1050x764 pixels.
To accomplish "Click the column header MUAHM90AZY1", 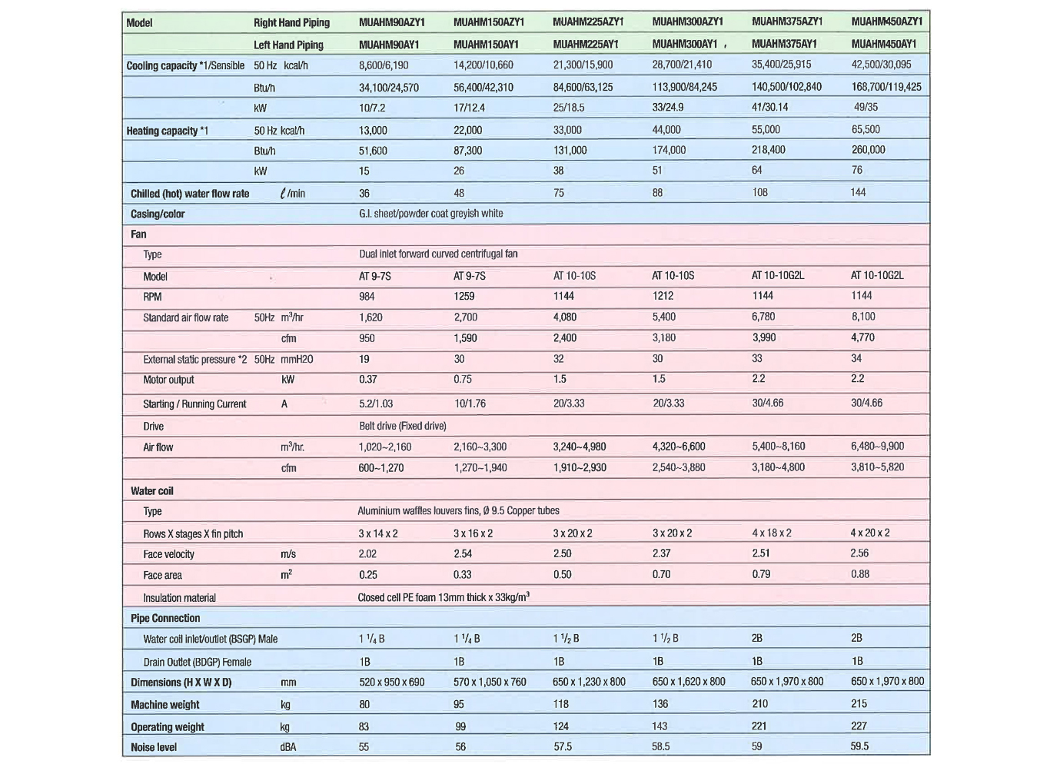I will [391, 22].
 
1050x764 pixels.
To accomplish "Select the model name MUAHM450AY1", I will [883, 44].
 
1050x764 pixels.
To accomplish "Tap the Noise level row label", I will [154, 747].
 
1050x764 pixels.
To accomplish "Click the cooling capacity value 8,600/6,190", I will [384, 65].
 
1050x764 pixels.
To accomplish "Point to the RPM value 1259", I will [464, 296].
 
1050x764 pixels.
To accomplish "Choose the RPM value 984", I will [367, 297].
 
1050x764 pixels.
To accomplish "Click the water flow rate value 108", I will [759, 192].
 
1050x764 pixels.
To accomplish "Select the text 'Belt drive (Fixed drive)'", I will [402, 426].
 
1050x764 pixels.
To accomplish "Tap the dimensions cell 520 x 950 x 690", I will [391, 682].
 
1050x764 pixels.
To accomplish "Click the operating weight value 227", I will [859, 726].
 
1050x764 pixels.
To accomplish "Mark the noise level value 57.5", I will [563, 746].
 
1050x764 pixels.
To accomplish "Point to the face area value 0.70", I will [661, 574].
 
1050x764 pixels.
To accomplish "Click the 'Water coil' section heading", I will [152, 491].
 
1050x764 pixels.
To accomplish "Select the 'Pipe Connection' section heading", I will [165, 618].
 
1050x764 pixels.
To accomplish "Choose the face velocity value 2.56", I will [859, 553].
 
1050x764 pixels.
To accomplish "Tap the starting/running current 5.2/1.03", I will [376, 404].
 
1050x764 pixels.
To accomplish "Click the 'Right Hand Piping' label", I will [291, 23].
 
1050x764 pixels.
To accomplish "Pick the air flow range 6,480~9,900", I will [877, 446].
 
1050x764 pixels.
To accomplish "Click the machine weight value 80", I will [364, 704].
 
